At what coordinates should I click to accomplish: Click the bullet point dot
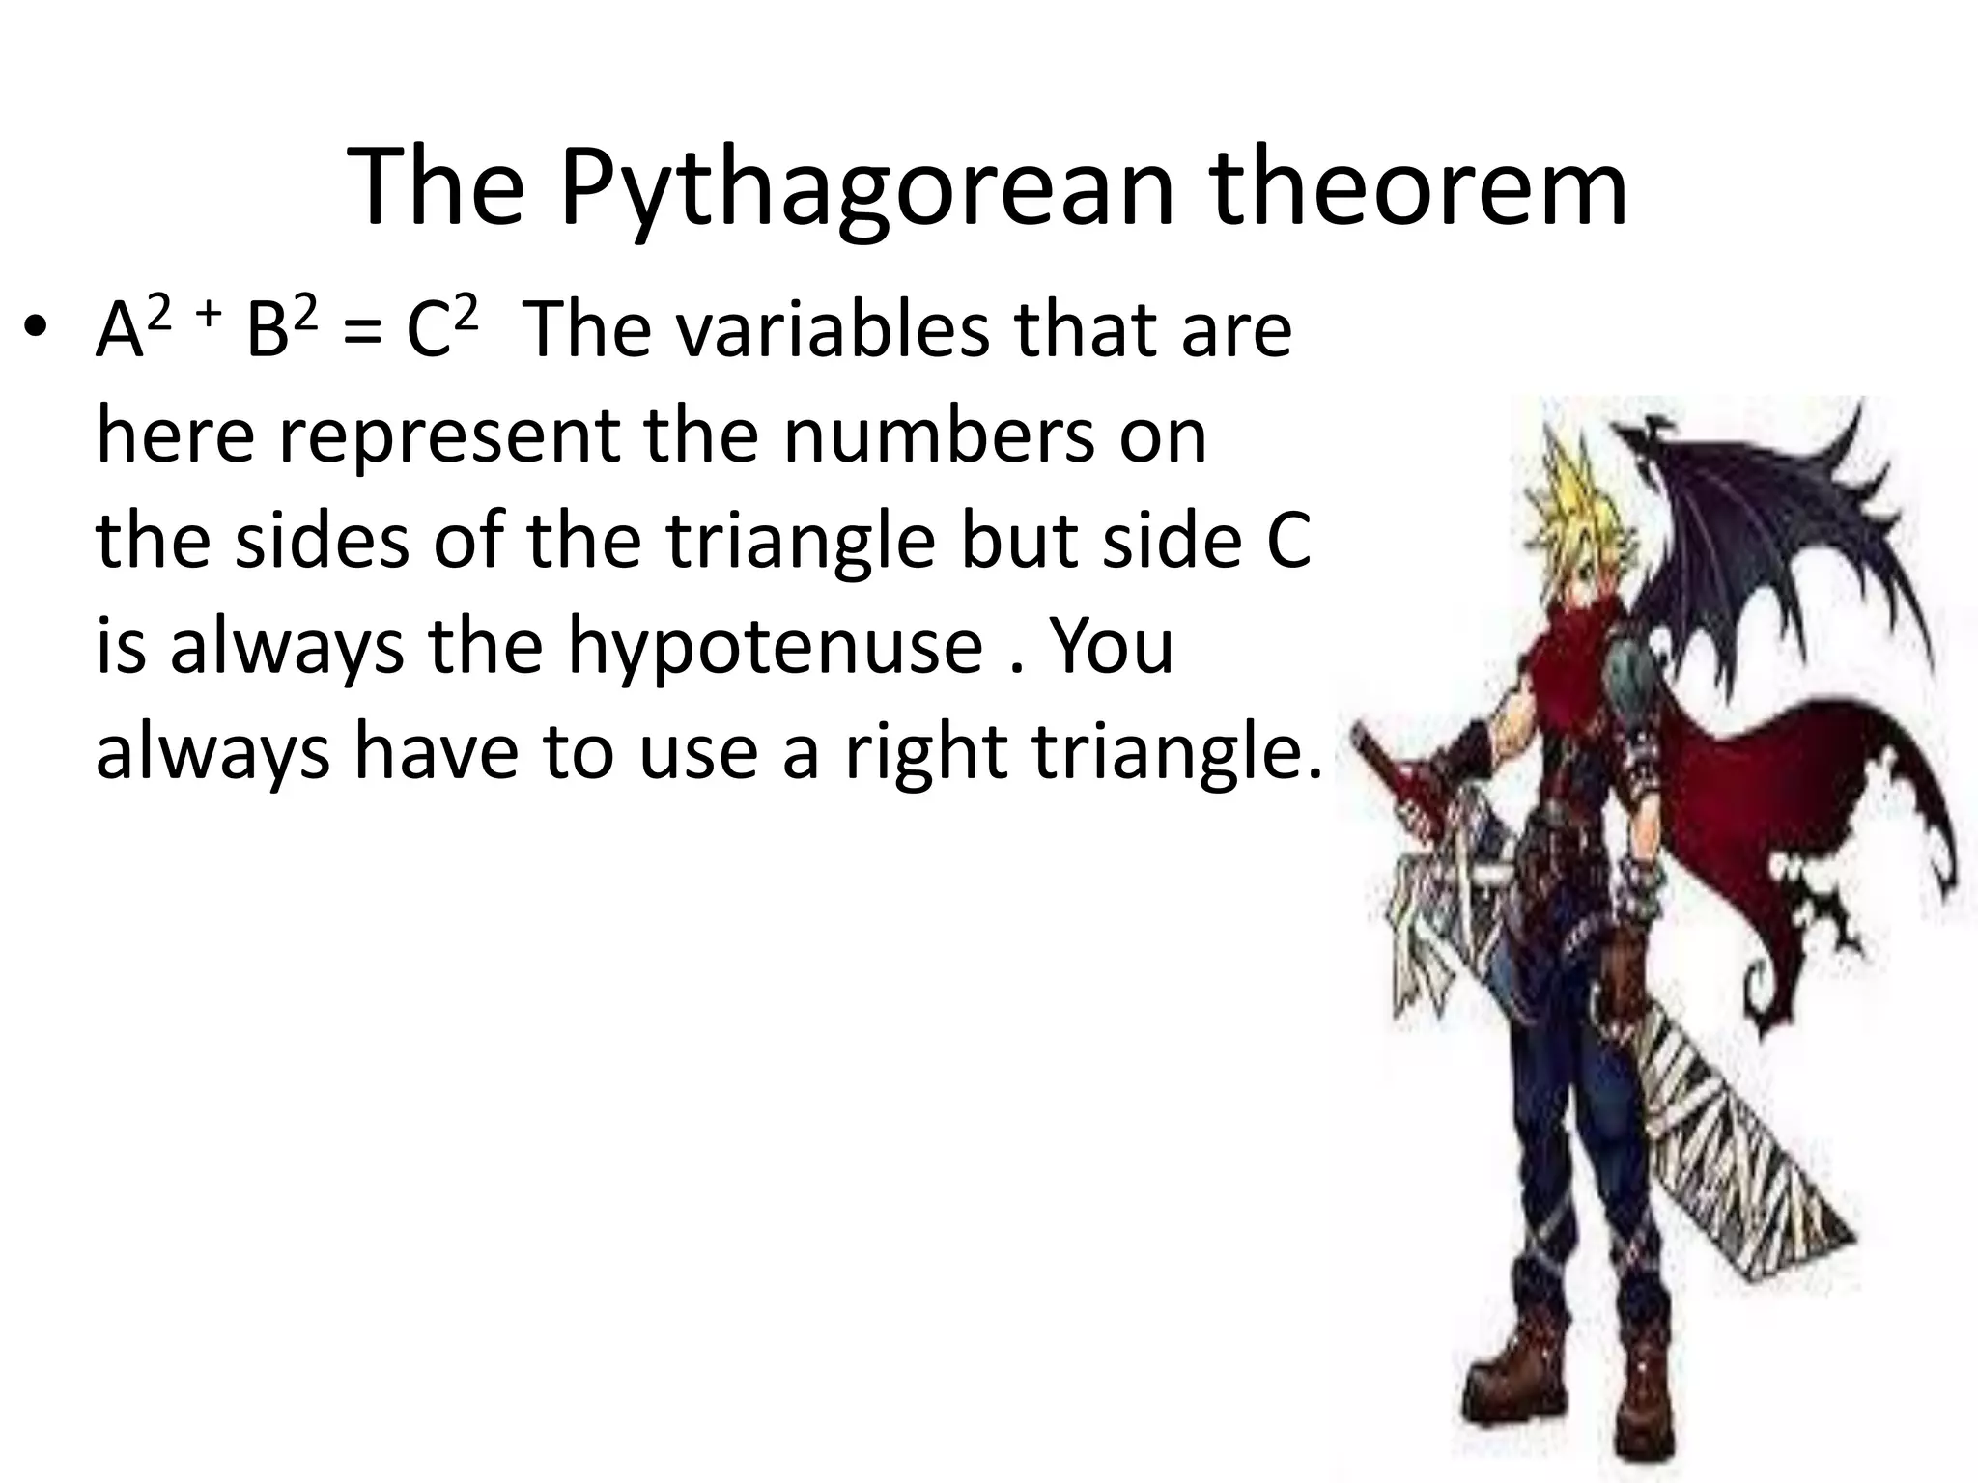[36, 328]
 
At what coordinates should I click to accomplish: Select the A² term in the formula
[131, 328]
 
